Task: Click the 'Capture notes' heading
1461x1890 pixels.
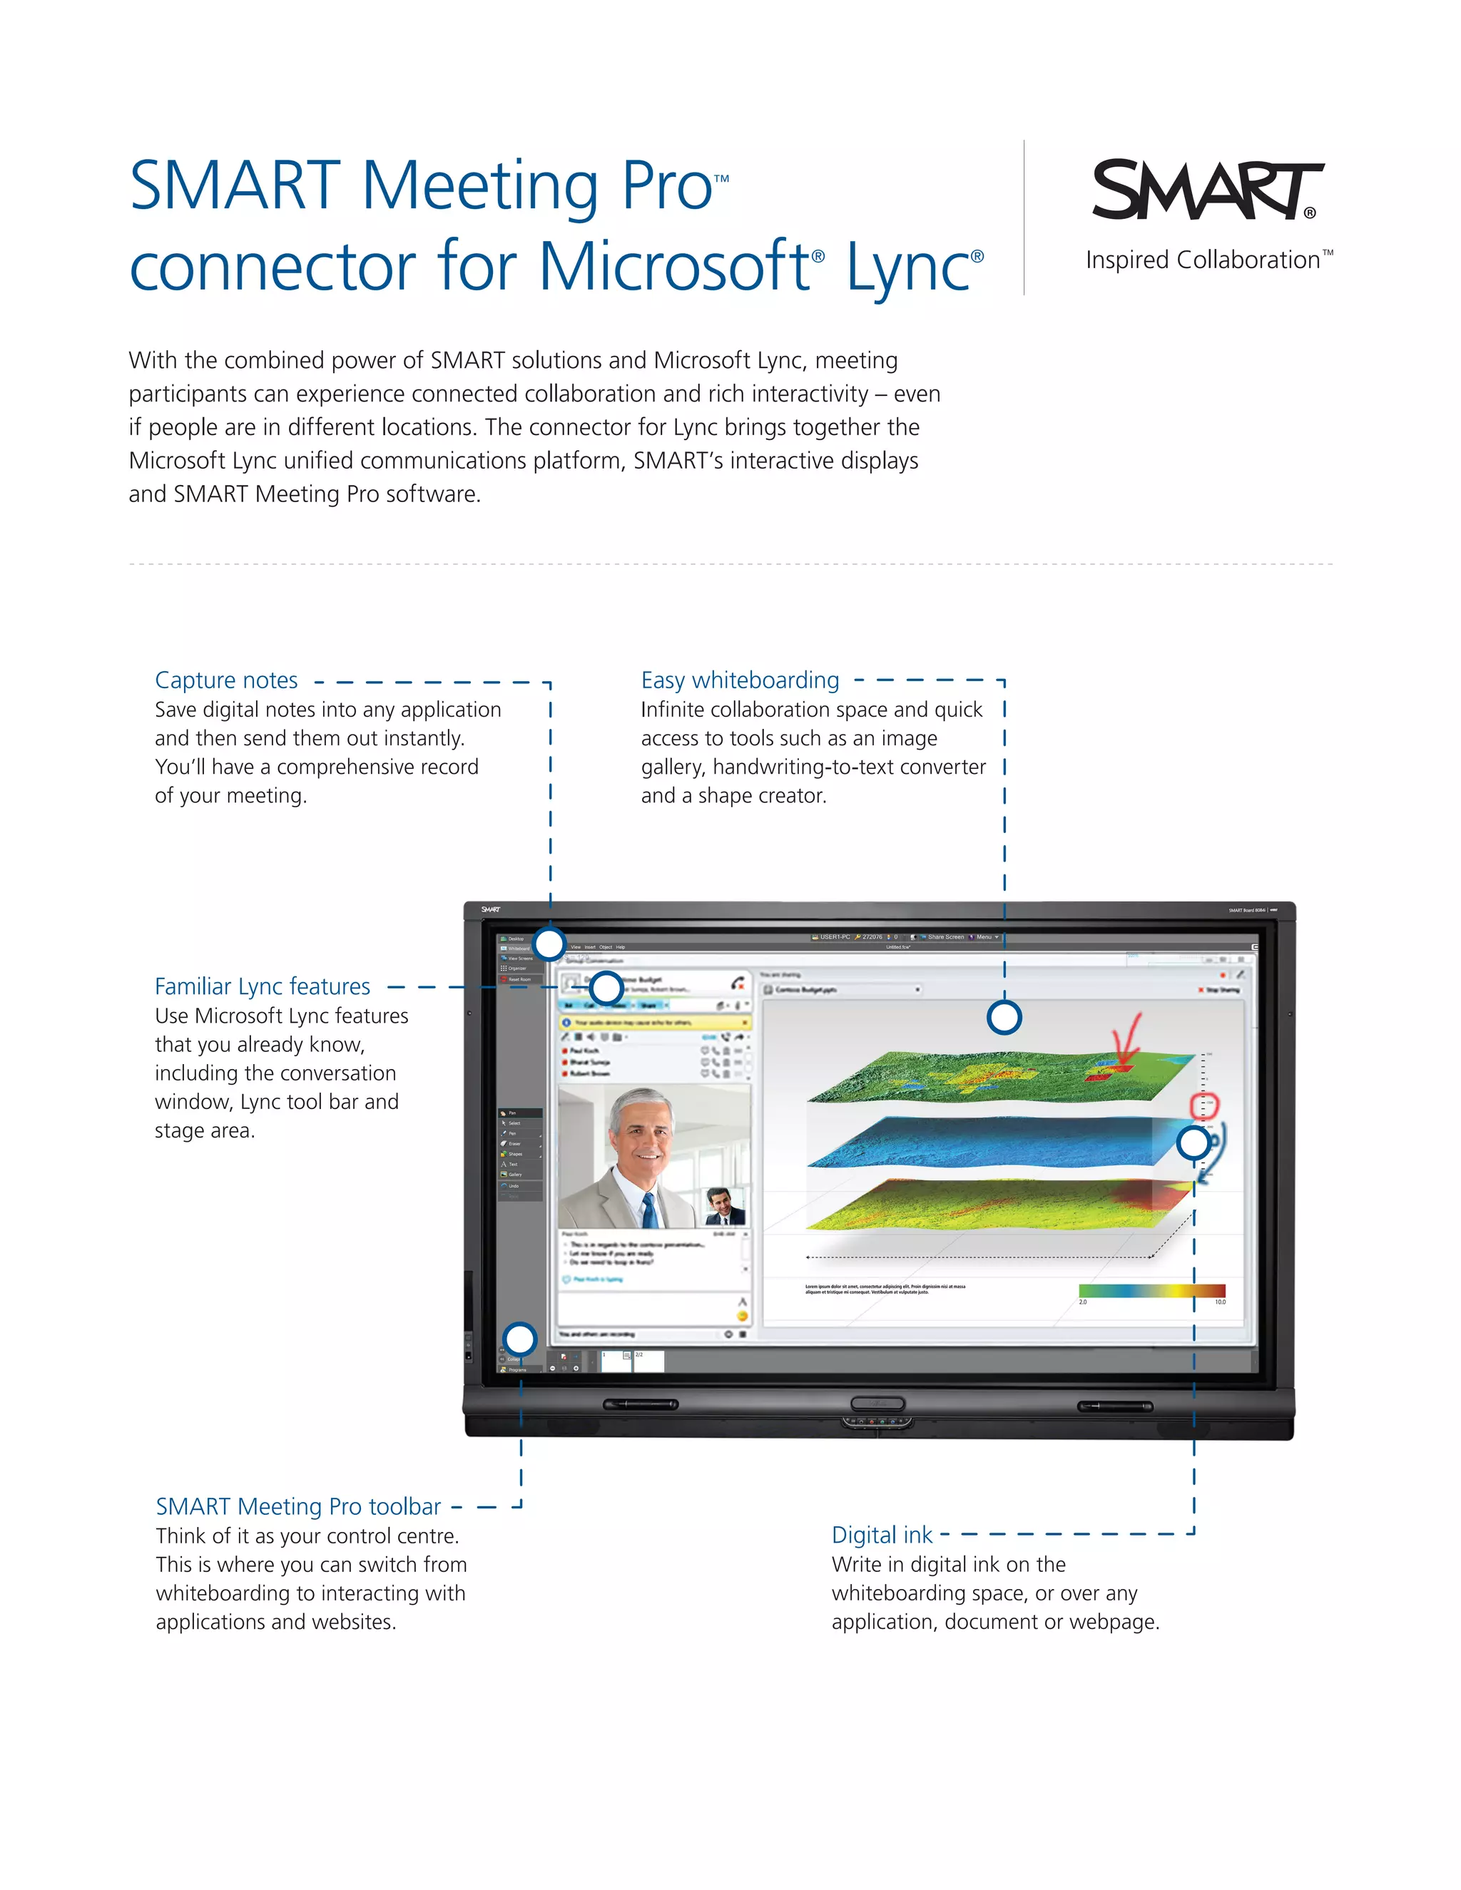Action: click(226, 680)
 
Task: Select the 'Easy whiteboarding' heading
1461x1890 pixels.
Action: click(740, 680)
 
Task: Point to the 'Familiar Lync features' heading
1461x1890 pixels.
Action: click(263, 986)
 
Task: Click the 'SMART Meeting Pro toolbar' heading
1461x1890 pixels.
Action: click(299, 1506)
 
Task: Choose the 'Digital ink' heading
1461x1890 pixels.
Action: click(882, 1536)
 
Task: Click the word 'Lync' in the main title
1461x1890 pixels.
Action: click(908, 267)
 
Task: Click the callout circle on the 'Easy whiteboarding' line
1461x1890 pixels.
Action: click(1004, 1018)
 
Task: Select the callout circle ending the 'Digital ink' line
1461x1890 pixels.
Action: click(1193, 1143)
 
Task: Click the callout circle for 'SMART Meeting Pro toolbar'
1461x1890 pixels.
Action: click(520, 1339)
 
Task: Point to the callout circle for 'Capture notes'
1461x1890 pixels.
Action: click(549, 944)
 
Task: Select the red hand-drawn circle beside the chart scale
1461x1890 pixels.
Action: click(1204, 1105)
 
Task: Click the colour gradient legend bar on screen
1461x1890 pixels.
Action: click(1151, 1290)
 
